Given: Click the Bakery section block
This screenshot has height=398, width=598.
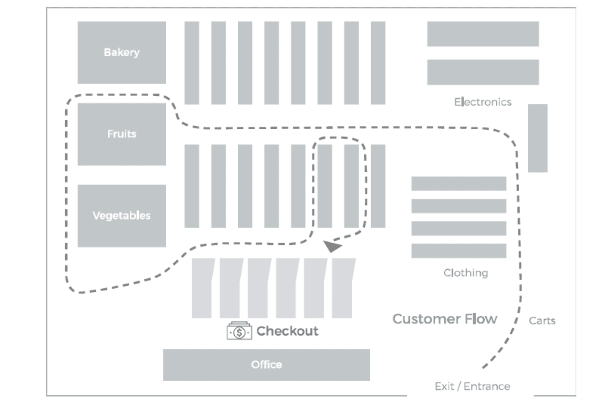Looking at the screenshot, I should click(x=121, y=52).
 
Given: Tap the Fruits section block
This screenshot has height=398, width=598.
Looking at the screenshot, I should click(x=121, y=134).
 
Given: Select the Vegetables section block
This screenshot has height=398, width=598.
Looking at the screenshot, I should click(x=121, y=215).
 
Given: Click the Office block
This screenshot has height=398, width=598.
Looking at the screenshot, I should click(x=266, y=364).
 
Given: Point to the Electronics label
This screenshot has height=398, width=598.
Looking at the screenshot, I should click(x=482, y=102).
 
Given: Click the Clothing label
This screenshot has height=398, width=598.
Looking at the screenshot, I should click(x=466, y=273).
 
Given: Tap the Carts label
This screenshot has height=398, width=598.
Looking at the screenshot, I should click(x=542, y=321).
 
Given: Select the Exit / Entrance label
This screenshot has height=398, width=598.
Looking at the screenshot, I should click(x=472, y=386).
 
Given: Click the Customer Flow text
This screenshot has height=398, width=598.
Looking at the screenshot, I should click(x=444, y=319).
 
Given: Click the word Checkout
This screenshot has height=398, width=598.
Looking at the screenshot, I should click(x=287, y=331).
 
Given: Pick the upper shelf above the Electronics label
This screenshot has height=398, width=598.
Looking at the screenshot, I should click(x=483, y=34).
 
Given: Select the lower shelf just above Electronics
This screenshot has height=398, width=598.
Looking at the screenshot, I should click(x=483, y=72).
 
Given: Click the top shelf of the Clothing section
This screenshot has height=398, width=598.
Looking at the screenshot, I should click(x=458, y=183).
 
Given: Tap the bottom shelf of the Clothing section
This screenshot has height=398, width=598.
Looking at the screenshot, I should click(x=458, y=251).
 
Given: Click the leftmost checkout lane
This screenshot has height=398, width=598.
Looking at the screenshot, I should click(x=202, y=288).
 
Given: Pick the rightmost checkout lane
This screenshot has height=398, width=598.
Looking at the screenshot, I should click(x=343, y=288).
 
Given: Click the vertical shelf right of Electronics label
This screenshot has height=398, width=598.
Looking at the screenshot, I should click(x=537, y=138).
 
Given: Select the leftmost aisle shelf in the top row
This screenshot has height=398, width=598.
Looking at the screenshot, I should click(x=192, y=63).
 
